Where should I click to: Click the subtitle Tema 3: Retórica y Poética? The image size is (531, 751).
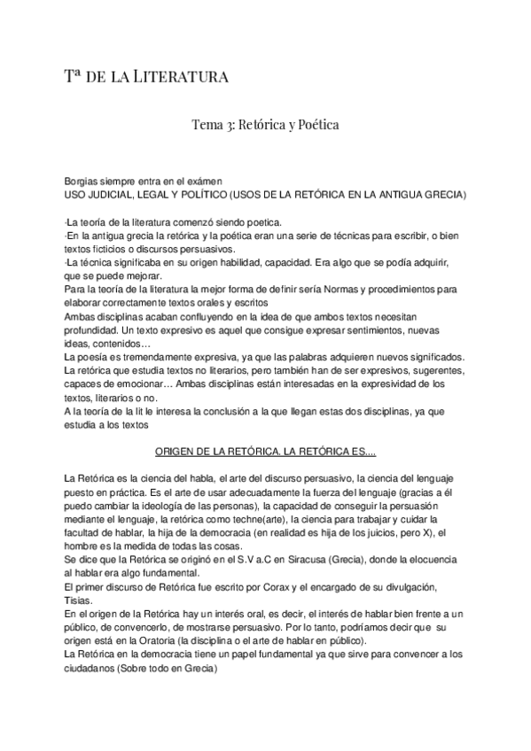click(x=265, y=126)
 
